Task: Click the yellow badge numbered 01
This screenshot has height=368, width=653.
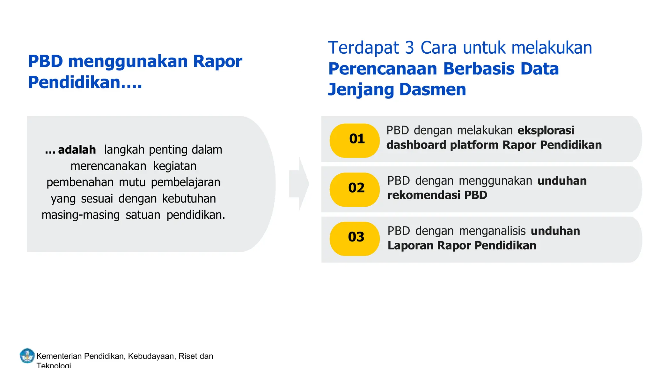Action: coord(355,141)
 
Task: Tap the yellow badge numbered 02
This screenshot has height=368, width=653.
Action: coord(355,189)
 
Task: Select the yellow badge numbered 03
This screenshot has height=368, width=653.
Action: coord(355,239)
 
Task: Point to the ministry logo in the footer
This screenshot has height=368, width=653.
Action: coord(27,356)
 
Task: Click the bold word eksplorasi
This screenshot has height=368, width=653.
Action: coord(546,130)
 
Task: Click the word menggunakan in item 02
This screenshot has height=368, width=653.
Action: coord(495,181)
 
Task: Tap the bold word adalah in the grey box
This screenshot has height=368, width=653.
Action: coord(77,149)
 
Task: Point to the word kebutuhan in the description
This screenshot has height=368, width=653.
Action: coord(189,199)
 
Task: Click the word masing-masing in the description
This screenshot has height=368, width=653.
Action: coord(81,215)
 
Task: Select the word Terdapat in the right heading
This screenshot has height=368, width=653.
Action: coord(363,48)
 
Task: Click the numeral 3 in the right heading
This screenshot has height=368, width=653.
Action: coord(409,48)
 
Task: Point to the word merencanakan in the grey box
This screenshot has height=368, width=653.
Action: coord(108,166)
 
